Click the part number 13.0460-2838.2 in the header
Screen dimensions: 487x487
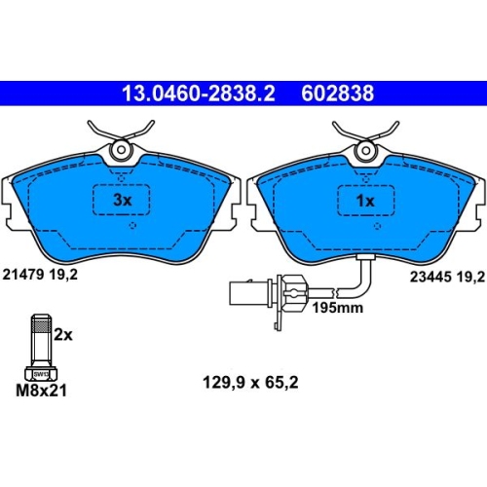(x=199, y=94)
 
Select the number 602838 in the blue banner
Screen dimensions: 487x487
(x=338, y=94)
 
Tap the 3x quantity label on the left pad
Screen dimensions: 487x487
(x=123, y=200)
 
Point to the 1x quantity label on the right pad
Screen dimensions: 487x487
(x=365, y=201)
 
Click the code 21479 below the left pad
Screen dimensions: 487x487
(x=23, y=275)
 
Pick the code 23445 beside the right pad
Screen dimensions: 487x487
(x=431, y=277)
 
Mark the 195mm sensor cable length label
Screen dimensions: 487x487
(x=338, y=308)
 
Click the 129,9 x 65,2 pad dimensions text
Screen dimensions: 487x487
(x=250, y=383)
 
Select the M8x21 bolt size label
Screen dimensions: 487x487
(x=41, y=391)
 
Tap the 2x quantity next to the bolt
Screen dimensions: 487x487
(x=63, y=334)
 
